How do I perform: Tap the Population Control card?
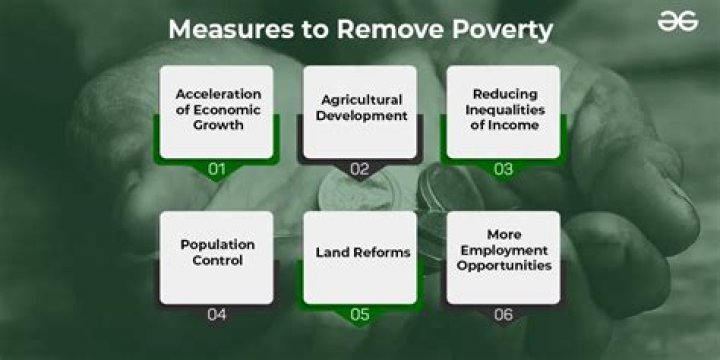point(217,255)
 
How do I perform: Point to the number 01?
point(217,170)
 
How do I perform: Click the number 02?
point(360,170)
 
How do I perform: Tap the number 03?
point(503,170)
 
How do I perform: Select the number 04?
point(217,315)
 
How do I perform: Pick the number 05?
point(360,315)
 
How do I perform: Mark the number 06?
point(503,315)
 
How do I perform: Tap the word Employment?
point(505,251)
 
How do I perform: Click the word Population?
point(217,244)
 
